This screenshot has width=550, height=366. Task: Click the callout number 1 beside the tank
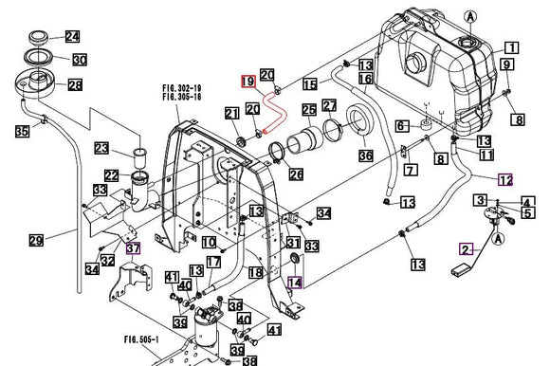pyautogui.click(x=510, y=47)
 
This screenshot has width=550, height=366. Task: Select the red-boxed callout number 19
pyautogui.click(x=247, y=82)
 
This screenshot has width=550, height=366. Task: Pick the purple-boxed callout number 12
pyautogui.click(x=505, y=178)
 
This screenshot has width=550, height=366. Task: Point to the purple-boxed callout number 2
pyautogui.click(x=466, y=249)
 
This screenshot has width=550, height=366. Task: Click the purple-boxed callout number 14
pyautogui.click(x=296, y=281)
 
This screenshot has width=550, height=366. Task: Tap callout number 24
pyautogui.click(x=72, y=37)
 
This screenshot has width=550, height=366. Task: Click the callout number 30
pyautogui.click(x=80, y=60)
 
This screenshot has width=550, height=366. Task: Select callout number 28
pyautogui.click(x=74, y=84)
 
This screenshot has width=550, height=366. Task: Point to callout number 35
pyautogui.click(x=21, y=132)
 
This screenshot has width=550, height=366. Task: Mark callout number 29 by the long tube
pyautogui.click(x=36, y=241)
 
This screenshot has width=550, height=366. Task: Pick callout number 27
pyautogui.click(x=329, y=105)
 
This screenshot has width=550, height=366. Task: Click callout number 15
pyautogui.click(x=310, y=84)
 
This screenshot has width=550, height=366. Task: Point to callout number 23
pyautogui.click(x=102, y=147)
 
